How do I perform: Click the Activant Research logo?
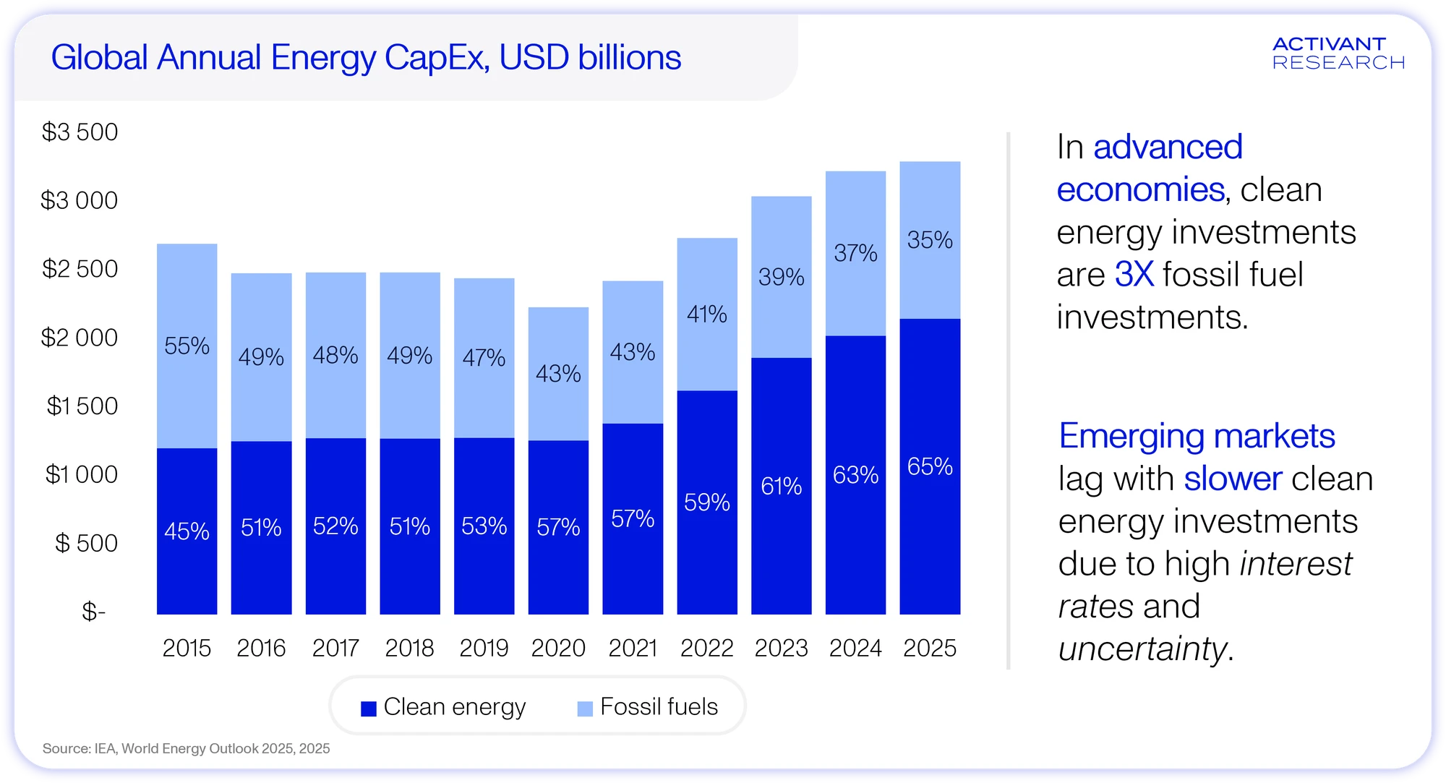(x=1338, y=54)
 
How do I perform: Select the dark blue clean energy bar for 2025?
(x=930, y=466)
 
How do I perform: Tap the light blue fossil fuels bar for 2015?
(x=187, y=346)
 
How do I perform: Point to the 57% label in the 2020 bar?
(x=558, y=527)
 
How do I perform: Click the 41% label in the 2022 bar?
(x=707, y=314)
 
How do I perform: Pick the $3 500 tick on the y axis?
(x=80, y=132)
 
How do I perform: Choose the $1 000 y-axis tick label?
(x=81, y=474)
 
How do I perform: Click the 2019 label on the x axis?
(x=484, y=648)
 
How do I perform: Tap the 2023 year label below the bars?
(x=781, y=648)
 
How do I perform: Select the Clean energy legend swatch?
(x=369, y=709)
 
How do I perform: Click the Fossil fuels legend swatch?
(x=585, y=709)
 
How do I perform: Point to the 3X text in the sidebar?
(x=1134, y=274)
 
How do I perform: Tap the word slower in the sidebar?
(x=1233, y=479)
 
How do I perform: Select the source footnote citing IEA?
(x=186, y=748)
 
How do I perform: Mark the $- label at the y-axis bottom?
(x=93, y=612)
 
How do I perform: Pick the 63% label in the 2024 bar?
(x=855, y=475)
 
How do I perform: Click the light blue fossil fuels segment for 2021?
(x=633, y=352)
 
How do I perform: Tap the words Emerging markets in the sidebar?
(x=1197, y=436)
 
